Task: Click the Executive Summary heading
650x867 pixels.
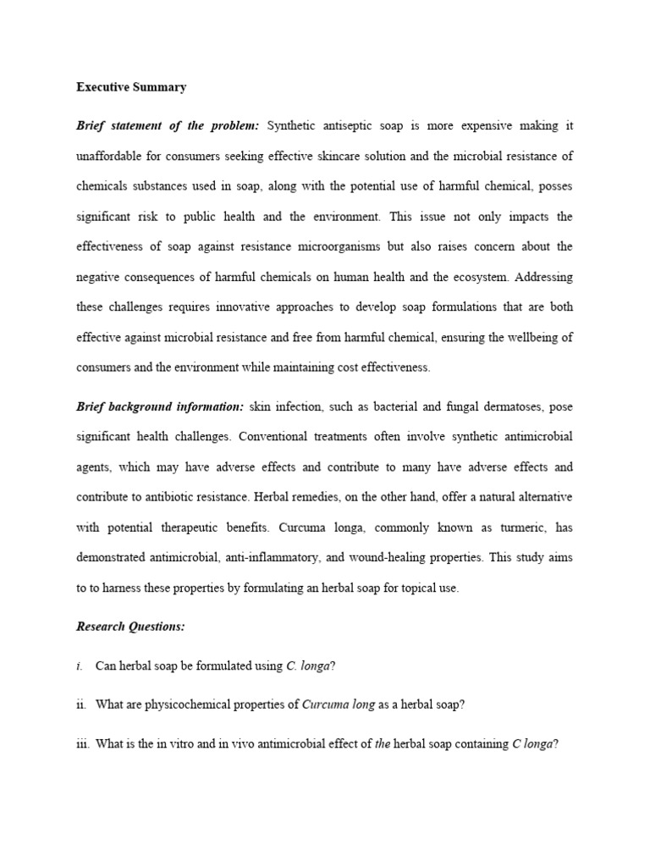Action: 131,87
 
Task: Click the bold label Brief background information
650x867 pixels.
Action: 159,407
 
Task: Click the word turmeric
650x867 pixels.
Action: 512,527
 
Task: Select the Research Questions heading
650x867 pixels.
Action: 130,627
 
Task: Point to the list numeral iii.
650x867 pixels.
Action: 83,744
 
